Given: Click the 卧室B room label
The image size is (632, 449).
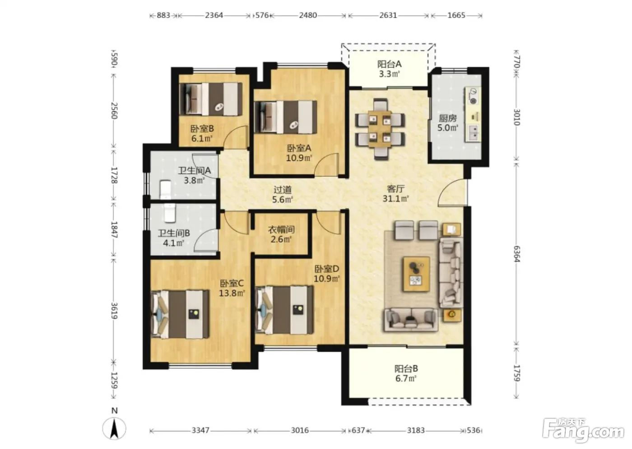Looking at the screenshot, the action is [x=202, y=129].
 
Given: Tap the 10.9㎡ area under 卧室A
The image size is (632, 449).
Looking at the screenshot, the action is [x=299, y=158].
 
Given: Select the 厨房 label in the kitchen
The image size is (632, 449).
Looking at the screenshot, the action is [x=447, y=118].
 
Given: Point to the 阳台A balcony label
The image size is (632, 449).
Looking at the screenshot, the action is [x=389, y=64].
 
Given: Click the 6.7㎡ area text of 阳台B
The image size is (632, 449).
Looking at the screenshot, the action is [x=406, y=378].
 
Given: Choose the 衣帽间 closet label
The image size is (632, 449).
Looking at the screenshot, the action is [x=281, y=229].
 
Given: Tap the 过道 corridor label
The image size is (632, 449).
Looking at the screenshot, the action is [x=283, y=190].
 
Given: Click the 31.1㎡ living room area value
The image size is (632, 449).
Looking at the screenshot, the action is [x=395, y=199].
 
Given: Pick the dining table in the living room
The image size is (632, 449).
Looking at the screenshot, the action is [x=380, y=129].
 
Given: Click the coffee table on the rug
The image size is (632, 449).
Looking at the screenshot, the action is [x=416, y=274].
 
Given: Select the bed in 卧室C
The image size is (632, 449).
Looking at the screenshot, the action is [x=180, y=314].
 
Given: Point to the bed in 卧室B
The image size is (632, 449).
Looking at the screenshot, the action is [x=211, y=99].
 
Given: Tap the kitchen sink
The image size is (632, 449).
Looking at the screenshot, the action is [x=474, y=133].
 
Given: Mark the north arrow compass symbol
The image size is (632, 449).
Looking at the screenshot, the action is [x=114, y=428].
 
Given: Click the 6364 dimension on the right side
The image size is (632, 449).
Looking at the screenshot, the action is [x=516, y=254].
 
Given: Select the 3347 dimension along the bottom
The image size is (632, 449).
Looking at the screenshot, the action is [x=200, y=430].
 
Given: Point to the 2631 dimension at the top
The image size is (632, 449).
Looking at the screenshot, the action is [x=388, y=15].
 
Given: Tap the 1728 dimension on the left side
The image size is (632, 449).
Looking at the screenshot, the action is [x=114, y=175].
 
